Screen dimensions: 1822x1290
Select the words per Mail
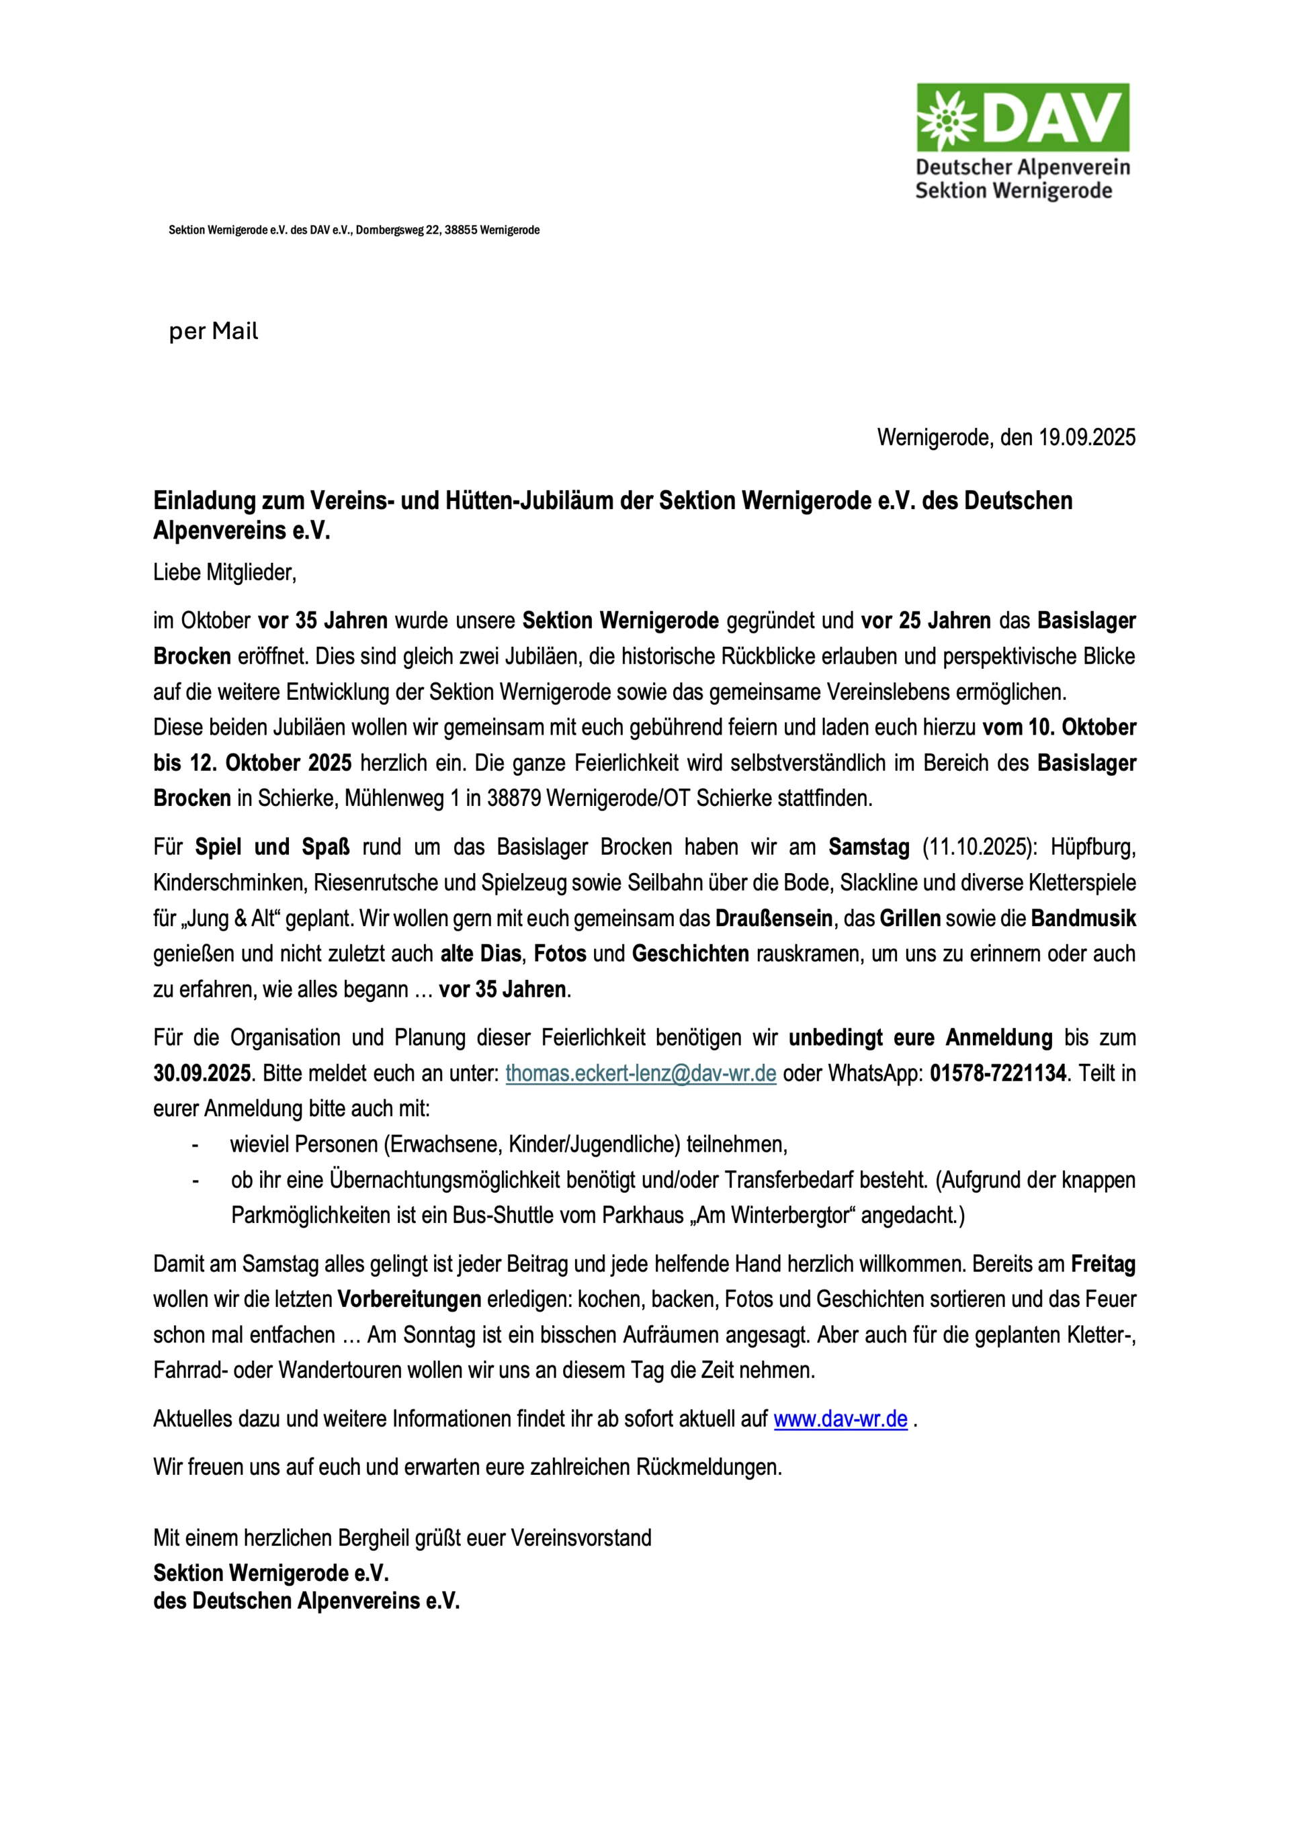pos(214,332)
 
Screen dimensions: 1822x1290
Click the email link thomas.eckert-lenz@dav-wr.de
pos(640,1073)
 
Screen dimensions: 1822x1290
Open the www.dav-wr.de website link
pos(841,1418)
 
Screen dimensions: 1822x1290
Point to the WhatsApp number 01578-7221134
pos(998,1073)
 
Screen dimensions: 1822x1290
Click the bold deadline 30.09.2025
pos(202,1073)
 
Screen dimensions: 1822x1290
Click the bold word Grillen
pos(910,919)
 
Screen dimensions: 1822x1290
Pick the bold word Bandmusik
pos(1084,919)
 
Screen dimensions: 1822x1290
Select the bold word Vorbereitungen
pos(409,1300)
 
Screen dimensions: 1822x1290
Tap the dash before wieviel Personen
pos(195,1145)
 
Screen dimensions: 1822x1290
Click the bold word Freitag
pos(1103,1264)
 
